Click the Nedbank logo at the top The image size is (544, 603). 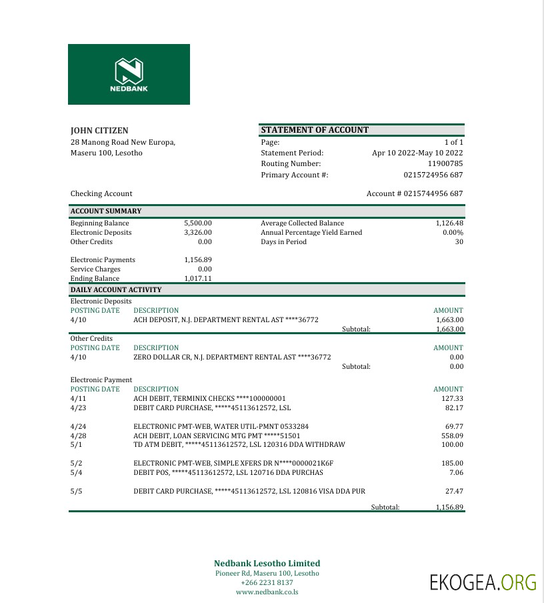129,74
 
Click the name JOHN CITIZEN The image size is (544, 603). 99,131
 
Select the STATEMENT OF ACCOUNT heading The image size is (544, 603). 315,130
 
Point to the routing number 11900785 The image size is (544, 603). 445,163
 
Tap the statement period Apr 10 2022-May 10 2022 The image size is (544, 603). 417,153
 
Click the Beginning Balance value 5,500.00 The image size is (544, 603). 198,223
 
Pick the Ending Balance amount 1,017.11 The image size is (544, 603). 198,279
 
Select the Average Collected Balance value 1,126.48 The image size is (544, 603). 449,223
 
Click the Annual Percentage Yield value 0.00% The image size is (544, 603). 453,233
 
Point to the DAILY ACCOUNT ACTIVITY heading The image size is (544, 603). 116,290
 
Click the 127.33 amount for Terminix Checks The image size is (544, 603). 452,398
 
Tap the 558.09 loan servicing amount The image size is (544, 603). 452,436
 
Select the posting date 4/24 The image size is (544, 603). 79,426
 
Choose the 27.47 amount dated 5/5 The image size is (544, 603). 454,492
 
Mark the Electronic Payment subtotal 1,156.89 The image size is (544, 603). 449,508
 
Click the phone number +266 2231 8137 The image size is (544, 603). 267,582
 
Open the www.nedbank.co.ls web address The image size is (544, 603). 267,592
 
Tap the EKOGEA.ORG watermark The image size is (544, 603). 483,582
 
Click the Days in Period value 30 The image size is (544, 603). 459,242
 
